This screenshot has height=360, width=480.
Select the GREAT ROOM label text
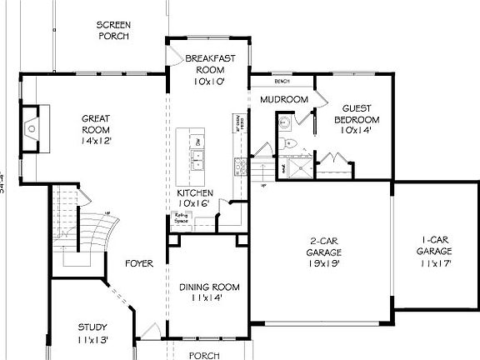pos(97,129)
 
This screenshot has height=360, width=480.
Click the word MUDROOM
pos(284,100)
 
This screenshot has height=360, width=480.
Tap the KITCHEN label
pos(195,198)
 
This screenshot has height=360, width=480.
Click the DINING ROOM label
pos(201,292)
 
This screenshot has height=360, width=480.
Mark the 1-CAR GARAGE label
pos(433,256)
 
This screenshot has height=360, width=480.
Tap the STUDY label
pos(92,332)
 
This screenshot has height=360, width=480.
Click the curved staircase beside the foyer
pos(83,229)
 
